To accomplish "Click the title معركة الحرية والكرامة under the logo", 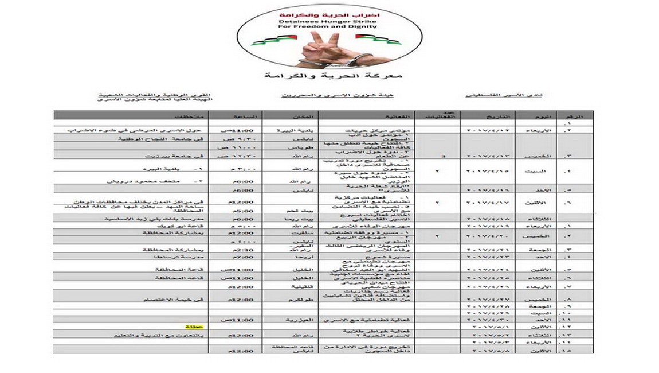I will point(330,76).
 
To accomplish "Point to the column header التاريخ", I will point(491,116).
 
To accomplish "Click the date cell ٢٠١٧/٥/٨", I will point(490,349).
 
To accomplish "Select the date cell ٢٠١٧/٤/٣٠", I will point(490,318).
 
